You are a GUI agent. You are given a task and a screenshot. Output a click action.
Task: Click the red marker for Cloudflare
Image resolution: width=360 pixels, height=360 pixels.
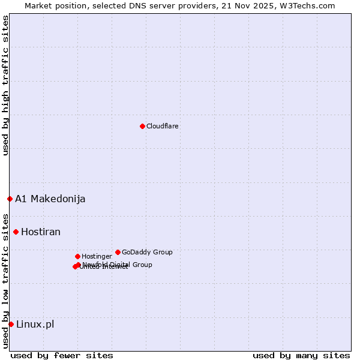click(142, 126)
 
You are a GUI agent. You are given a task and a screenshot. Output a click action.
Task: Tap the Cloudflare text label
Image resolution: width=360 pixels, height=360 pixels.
click(162, 126)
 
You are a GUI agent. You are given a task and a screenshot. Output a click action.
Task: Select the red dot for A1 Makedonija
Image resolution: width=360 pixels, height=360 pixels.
click(10, 199)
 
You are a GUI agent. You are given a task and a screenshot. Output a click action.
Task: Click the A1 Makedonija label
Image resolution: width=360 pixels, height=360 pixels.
click(50, 199)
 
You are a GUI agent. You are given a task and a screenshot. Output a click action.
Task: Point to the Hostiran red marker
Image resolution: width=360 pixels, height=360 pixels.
click(16, 232)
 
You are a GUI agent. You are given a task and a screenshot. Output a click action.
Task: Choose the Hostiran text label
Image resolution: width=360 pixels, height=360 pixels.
click(41, 232)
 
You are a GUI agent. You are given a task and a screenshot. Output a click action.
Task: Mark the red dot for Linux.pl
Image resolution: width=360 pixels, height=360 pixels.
click(11, 324)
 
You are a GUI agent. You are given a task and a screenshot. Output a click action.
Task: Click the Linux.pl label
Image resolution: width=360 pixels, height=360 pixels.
click(35, 324)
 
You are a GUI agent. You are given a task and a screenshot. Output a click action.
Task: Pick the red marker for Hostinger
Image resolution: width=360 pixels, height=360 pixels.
click(77, 256)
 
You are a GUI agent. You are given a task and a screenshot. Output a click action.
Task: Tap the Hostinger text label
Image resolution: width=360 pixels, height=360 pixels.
click(97, 256)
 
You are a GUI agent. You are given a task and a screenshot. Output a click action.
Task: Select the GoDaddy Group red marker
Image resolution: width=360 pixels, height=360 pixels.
click(118, 252)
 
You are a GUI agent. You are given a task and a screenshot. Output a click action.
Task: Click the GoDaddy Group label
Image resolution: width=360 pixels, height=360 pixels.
click(147, 252)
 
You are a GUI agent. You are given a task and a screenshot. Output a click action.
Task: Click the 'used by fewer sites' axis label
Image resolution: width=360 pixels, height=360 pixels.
click(62, 355)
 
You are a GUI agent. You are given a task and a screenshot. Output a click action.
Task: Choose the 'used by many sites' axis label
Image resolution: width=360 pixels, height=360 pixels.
click(301, 355)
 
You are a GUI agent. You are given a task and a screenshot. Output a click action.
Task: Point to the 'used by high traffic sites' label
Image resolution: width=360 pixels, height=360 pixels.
click(5, 85)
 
